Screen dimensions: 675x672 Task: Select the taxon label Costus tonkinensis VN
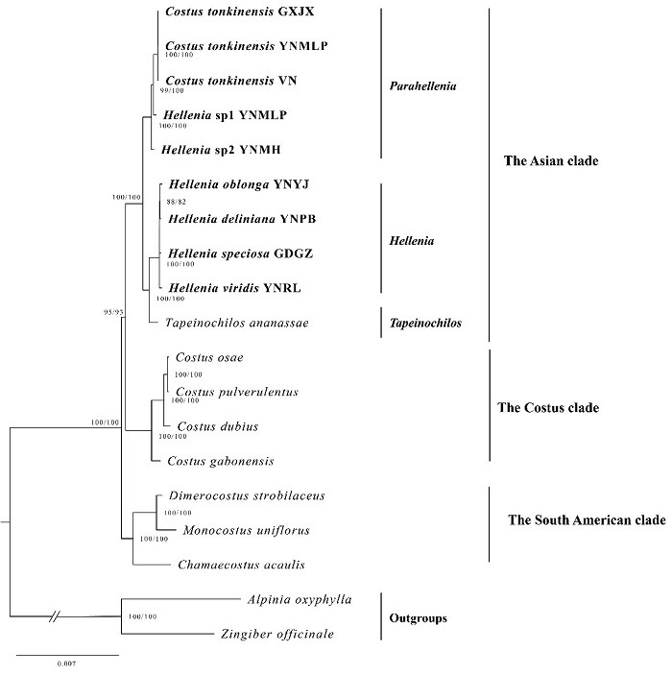pyautogui.click(x=230, y=81)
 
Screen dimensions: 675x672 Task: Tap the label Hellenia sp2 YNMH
pyautogui.click(x=221, y=149)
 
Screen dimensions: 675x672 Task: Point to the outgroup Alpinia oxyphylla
pyautogui.click(x=299, y=599)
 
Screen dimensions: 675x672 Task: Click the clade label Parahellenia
pyautogui.click(x=423, y=86)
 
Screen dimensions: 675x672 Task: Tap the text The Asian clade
pyautogui.click(x=551, y=161)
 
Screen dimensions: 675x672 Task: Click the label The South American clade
pyautogui.click(x=586, y=520)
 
